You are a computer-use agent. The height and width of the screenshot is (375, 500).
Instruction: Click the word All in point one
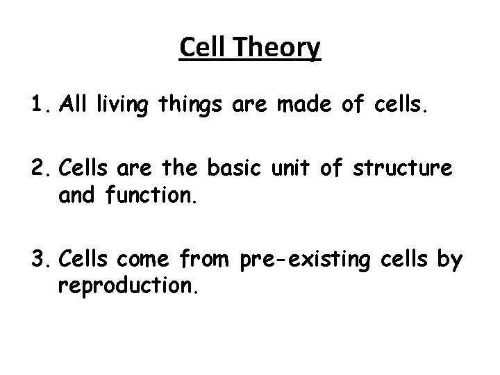pos(73,105)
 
